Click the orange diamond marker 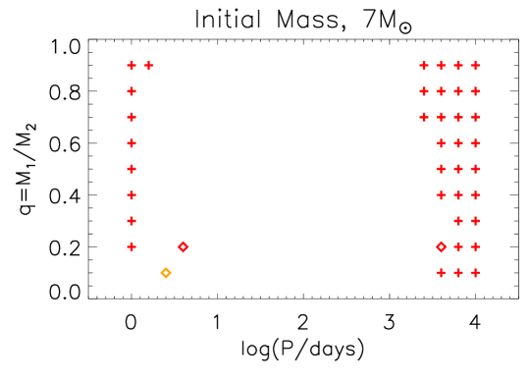[x=166, y=272]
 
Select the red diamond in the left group [x=184, y=246]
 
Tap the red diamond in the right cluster [x=441, y=246]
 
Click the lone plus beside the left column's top [x=149, y=66]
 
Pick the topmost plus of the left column [x=132, y=66]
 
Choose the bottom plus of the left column [x=132, y=246]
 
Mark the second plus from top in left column [x=132, y=91]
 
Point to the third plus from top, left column [x=132, y=117]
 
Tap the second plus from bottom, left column [x=132, y=221]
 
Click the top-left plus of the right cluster [x=424, y=66]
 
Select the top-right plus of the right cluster [x=475, y=66]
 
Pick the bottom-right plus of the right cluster [x=475, y=272]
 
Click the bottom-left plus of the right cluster [x=441, y=272]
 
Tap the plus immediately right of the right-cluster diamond [x=458, y=246]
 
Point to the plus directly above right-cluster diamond [x=441, y=194]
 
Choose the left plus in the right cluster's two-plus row [x=458, y=221]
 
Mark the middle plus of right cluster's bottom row [x=458, y=272]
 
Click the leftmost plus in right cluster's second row [x=424, y=91]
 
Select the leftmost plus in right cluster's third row [x=424, y=117]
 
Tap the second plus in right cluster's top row [x=441, y=66]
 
